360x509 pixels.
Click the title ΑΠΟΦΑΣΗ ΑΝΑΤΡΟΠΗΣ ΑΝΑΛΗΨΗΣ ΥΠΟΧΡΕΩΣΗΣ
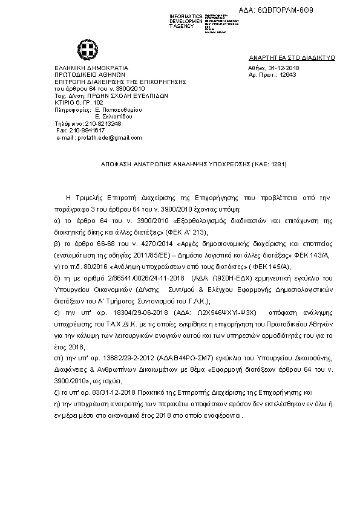(169, 164)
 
